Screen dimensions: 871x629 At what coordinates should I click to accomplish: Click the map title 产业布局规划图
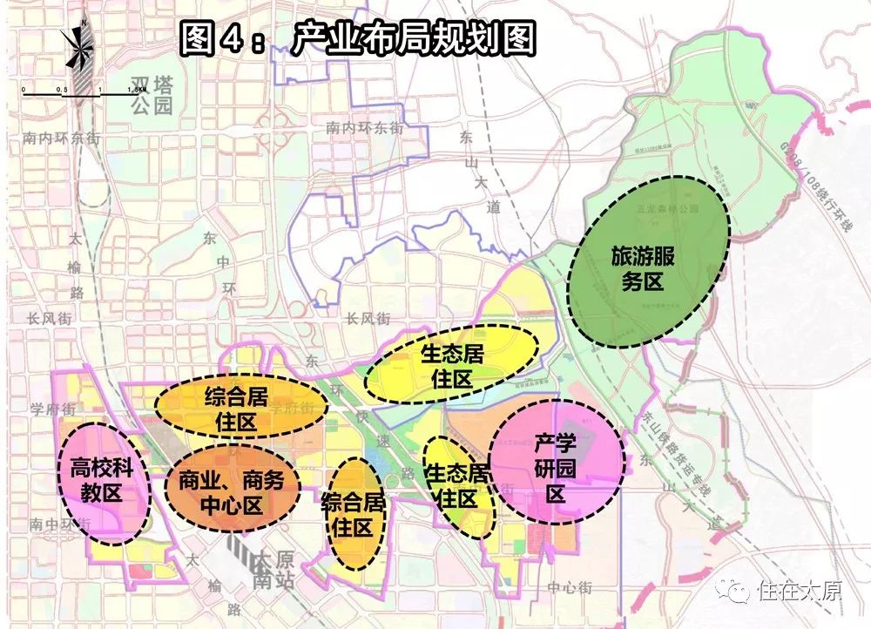pyautogui.click(x=357, y=39)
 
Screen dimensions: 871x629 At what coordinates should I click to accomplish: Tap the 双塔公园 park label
pyautogui.click(x=152, y=95)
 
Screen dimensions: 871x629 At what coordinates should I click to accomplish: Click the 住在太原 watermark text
pyautogui.click(x=800, y=592)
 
